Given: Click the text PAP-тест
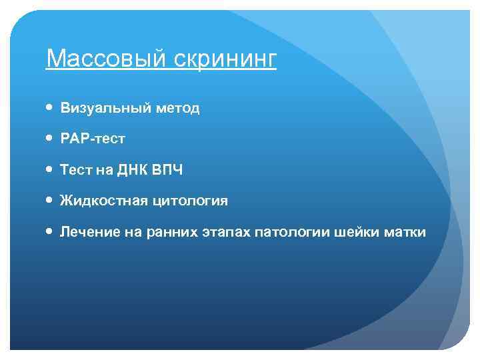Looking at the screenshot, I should click(x=93, y=139).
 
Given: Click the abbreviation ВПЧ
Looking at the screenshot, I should click(x=167, y=170).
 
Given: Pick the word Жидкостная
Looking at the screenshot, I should click(x=102, y=201).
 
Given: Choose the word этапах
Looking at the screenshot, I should click(x=223, y=232).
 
